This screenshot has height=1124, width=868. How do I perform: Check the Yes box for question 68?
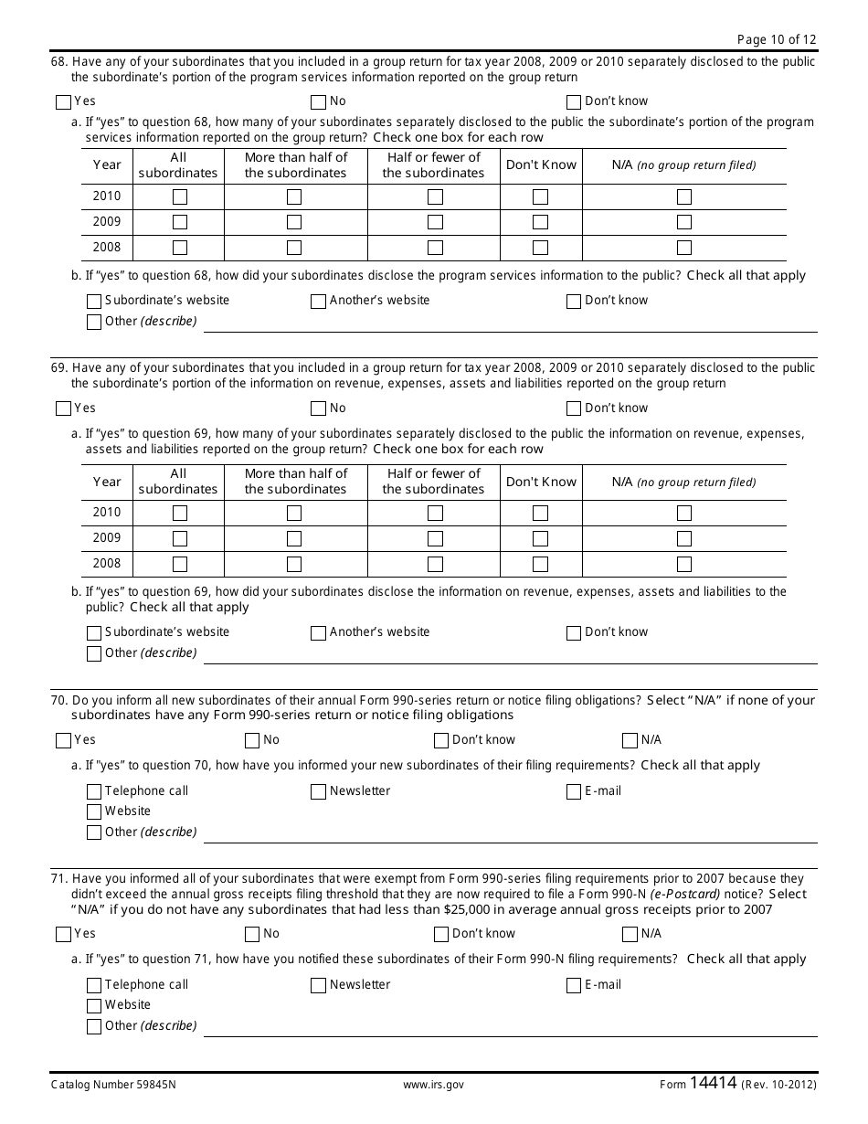(x=63, y=101)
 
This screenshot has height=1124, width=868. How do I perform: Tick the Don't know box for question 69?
(x=574, y=408)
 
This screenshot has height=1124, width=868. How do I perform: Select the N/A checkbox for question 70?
(x=630, y=740)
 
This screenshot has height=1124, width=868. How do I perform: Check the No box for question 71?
(x=252, y=934)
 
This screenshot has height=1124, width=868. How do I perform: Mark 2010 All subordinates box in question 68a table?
(x=180, y=196)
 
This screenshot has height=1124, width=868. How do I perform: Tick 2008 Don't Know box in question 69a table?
(x=541, y=564)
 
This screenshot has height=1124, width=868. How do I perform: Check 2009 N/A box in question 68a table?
(x=684, y=222)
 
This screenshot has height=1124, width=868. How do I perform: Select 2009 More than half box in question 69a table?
(x=294, y=538)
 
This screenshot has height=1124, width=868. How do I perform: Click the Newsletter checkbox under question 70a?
(x=318, y=791)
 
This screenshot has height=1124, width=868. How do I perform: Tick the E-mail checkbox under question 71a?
(x=574, y=985)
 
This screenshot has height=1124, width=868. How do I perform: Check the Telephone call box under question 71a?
(x=94, y=985)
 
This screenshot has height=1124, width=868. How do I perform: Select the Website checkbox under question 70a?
(x=94, y=811)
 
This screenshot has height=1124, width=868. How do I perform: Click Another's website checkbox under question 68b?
(x=318, y=301)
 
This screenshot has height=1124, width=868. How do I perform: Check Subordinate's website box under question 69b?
(x=94, y=632)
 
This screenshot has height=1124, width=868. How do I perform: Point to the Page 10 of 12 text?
(x=777, y=38)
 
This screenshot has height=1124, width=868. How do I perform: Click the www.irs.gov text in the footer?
(x=433, y=1085)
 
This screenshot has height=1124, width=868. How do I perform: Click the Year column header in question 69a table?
(x=107, y=482)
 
